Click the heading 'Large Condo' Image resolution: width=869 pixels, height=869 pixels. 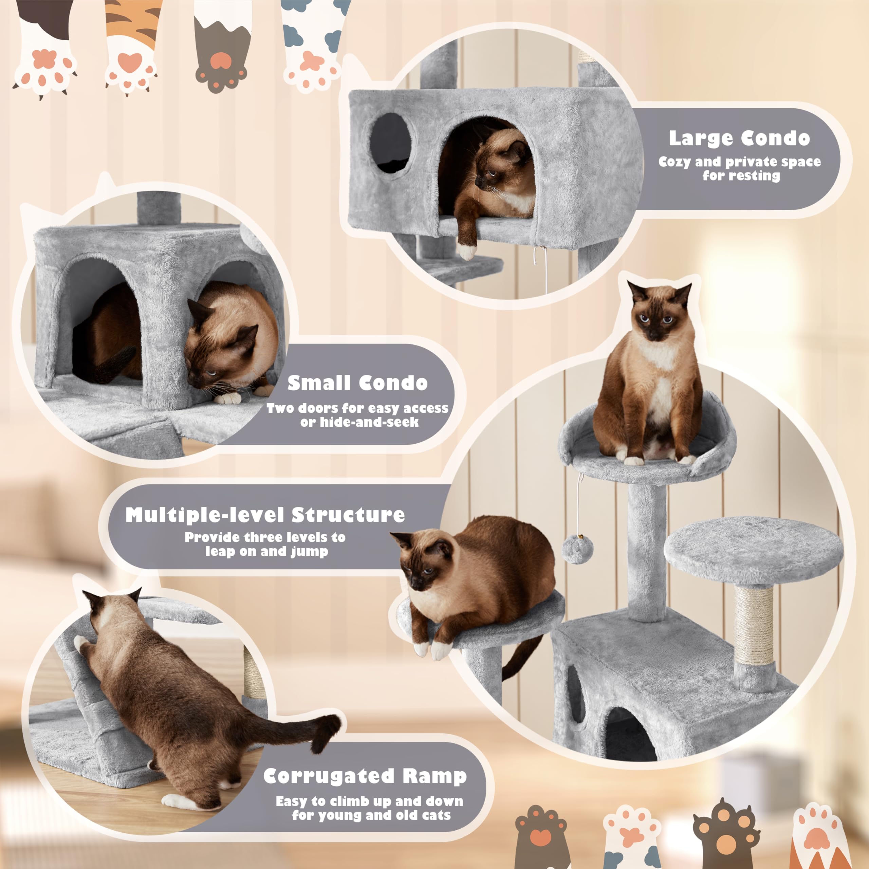pos(739,138)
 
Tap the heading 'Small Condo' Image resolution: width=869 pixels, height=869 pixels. pos(357,383)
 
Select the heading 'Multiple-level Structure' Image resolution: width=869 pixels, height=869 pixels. pos(265,515)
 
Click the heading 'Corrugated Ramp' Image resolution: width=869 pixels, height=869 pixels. pos(365,776)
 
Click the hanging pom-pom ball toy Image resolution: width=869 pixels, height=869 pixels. pos(577,549)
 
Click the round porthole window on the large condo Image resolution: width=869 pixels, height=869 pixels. pos(390,143)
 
